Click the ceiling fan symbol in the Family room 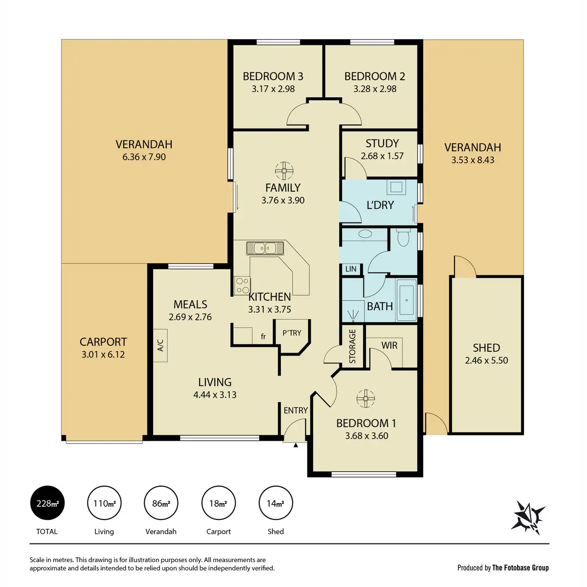click(x=284, y=171)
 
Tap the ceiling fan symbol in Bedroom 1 click(x=365, y=398)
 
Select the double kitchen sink click(x=265, y=248)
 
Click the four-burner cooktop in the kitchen click(x=243, y=285)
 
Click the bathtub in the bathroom click(x=406, y=300)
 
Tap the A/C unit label click(x=160, y=345)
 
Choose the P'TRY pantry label click(x=292, y=333)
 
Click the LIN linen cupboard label click(x=351, y=269)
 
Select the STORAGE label click(x=352, y=346)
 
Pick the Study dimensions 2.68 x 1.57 click(x=382, y=156)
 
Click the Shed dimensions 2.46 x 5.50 click(x=486, y=361)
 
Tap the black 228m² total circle click(x=47, y=503)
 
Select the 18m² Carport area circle click(x=218, y=503)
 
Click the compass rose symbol click(x=528, y=518)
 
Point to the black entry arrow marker click(x=295, y=445)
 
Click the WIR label click(x=389, y=345)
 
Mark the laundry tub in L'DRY click(x=396, y=187)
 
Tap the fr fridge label click(x=263, y=336)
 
